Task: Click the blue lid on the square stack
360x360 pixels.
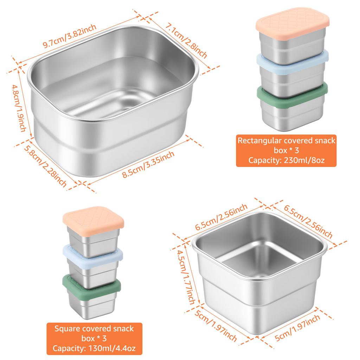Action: [x=93, y=253]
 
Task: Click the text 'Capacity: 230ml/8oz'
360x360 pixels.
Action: [x=286, y=160]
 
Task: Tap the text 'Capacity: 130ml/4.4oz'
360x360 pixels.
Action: [x=94, y=348]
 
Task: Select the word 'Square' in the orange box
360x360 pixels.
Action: [x=67, y=328]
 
